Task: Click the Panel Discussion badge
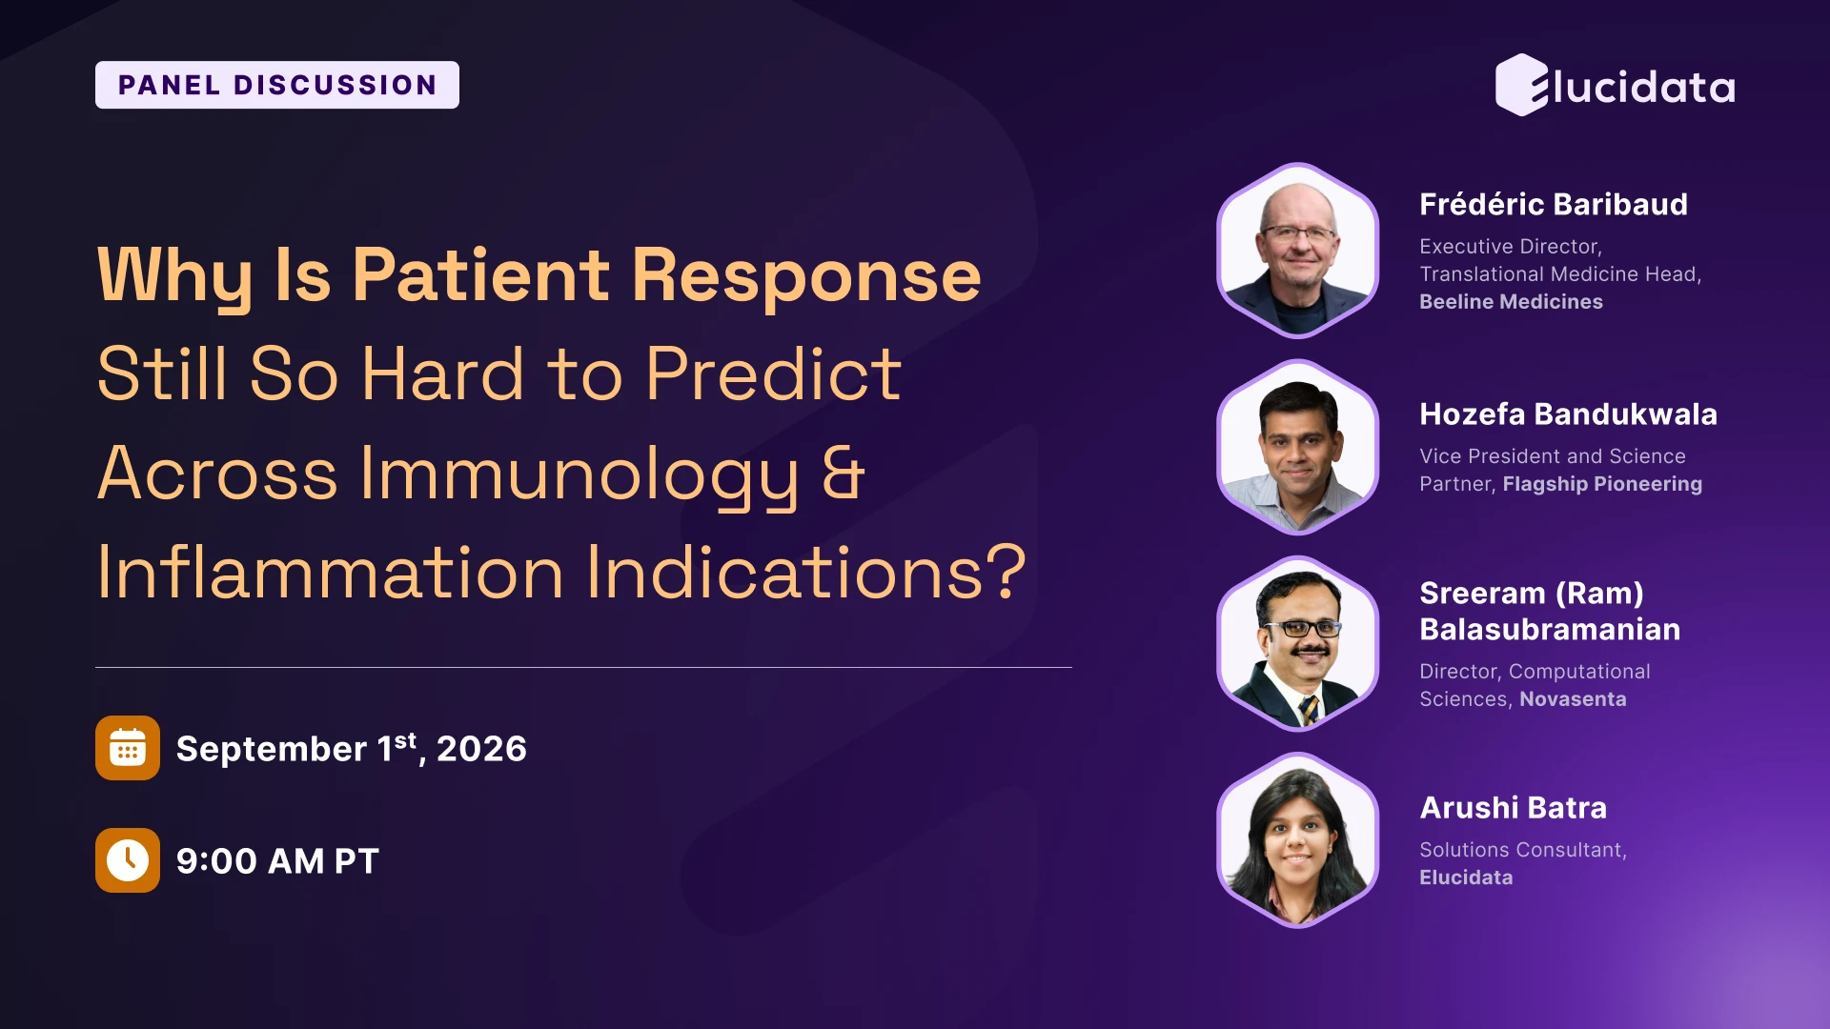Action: coord(277,85)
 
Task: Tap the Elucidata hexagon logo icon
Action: coord(1522,85)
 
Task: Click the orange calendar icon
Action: coord(128,748)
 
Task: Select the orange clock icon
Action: coord(128,860)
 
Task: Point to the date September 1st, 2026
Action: coord(352,749)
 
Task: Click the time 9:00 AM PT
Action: coord(277,861)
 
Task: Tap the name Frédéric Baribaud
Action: coord(1554,204)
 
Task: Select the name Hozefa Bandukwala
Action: coord(1569,414)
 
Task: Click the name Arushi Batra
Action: coord(1514,808)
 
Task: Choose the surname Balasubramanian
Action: coord(1550,630)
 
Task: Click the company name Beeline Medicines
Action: coord(1512,302)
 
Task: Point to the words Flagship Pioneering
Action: coord(1602,484)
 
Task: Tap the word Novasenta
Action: coord(1573,699)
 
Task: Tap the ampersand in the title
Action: coord(844,473)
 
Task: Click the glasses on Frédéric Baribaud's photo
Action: coord(1298,233)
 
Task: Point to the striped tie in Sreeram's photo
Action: coord(1310,710)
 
